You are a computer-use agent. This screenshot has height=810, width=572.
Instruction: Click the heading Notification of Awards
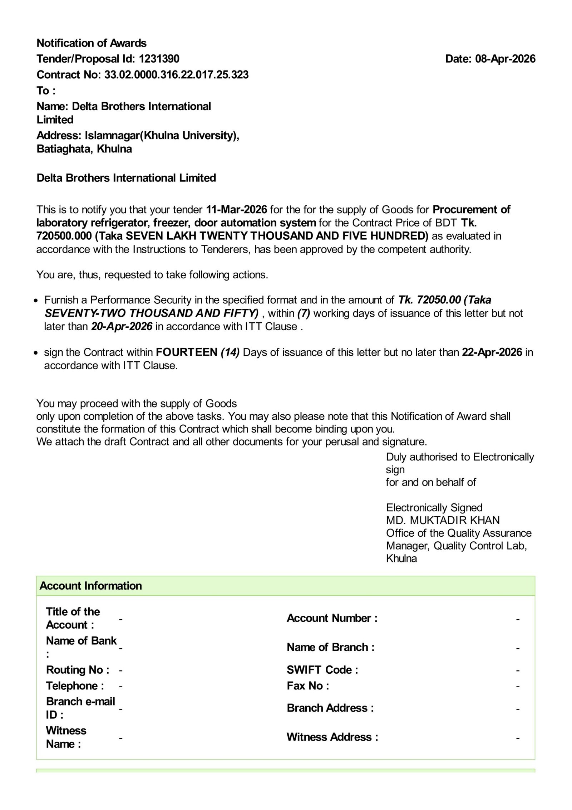click(x=92, y=43)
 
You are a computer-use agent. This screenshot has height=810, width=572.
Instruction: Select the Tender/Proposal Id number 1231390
click(x=159, y=59)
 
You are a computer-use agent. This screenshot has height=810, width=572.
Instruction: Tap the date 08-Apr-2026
click(x=505, y=59)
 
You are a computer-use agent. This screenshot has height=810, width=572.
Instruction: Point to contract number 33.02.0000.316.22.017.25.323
click(x=176, y=75)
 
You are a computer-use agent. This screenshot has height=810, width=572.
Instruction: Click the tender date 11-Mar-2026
click(x=237, y=209)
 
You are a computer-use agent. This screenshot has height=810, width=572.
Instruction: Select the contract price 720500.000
click(x=64, y=236)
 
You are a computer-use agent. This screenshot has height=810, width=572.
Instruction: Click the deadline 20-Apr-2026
click(x=122, y=326)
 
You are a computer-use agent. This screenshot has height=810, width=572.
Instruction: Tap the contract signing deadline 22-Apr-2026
click(x=492, y=352)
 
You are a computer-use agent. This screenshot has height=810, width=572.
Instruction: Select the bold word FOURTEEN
click(x=187, y=352)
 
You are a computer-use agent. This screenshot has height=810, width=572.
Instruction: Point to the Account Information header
click(x=91, y=586)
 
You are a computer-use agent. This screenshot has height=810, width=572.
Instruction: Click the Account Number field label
click(x=332, y=618)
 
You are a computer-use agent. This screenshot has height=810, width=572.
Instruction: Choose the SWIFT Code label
click(x=322, y=670)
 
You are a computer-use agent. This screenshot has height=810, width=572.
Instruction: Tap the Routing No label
click(x=78, y=670)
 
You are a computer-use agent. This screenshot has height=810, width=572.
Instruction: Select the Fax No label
click(x=308, y=685)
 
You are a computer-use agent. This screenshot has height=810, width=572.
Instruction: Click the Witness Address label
click(x=332, y=737)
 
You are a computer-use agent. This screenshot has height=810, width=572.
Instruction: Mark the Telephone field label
click(x=75, y=685)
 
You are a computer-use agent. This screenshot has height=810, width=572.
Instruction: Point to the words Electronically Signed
click(x=434, y=507)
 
